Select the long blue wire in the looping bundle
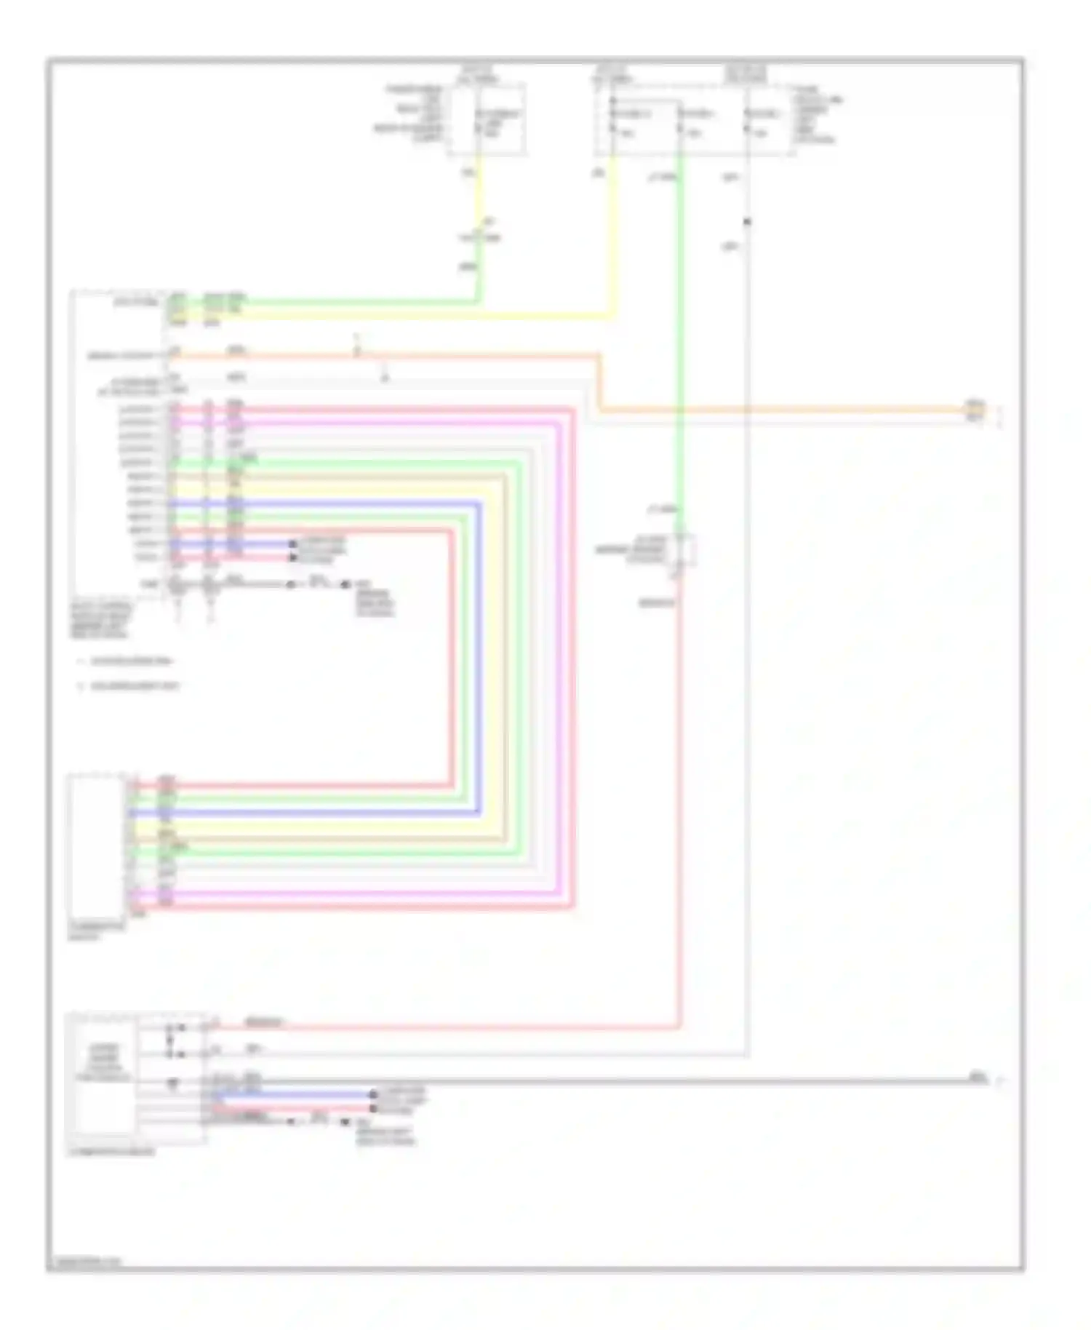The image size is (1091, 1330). [479, 655]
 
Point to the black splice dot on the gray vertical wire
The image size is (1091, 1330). [747, 221]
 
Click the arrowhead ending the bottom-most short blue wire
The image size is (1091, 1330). [373, 1094]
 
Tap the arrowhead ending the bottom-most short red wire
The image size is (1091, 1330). [373, 1108]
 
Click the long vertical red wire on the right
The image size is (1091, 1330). [679, 800]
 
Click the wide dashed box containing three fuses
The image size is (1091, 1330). [695, 120]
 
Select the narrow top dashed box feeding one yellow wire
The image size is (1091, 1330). [487, 120]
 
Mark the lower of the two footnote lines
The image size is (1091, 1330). [131, 685]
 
